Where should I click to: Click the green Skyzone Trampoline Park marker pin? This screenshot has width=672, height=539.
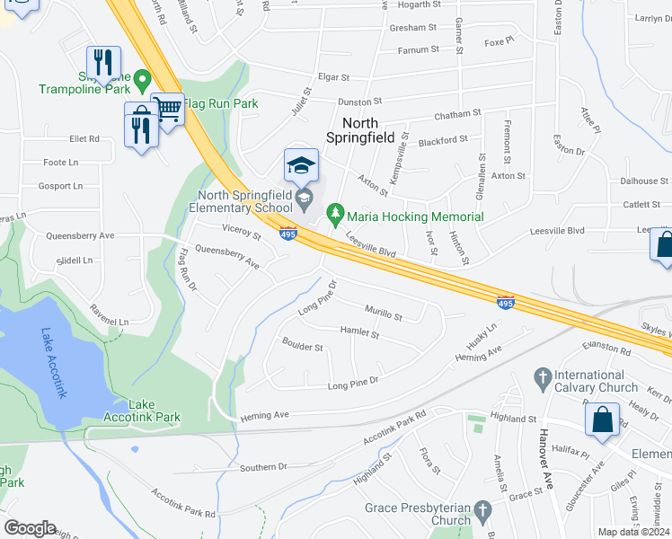(x=141, y=83)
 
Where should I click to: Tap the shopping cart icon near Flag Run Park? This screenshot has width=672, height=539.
(x=168, y=110)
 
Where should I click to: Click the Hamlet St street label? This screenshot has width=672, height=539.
(x=359, y=332)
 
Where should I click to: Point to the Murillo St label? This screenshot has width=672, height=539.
(x=384, y=312)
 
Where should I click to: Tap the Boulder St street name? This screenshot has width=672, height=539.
(x=302, y=346)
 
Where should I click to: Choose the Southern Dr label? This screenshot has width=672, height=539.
(x=263, y=468)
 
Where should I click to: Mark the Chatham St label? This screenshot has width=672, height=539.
(x=458, y=115)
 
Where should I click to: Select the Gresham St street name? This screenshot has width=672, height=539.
(x=413, y=28)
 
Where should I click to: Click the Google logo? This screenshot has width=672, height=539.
(x=30, y=527)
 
